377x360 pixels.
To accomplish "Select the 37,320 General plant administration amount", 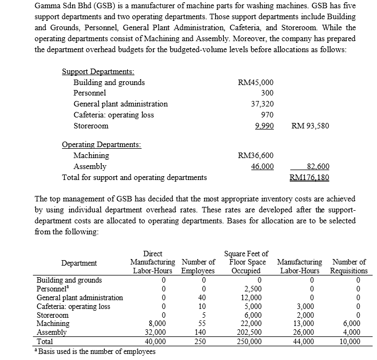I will pyautogui.click(x=262, y=104).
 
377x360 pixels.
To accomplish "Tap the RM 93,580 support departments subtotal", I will pyautogui.click(x=310, y=126).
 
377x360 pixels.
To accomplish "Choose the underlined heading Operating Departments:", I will pyautogui.click(x=102, y=145).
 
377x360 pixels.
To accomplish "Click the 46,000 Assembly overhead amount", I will pyautogui.click(x=262, y=166).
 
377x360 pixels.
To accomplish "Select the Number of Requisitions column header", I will pyautogui.click(x=350, y=266).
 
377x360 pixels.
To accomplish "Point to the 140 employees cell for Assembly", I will pyautogui.click(x=197, y=332).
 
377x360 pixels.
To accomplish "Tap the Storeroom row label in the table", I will pyautogui.click(x=52, y=316).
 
